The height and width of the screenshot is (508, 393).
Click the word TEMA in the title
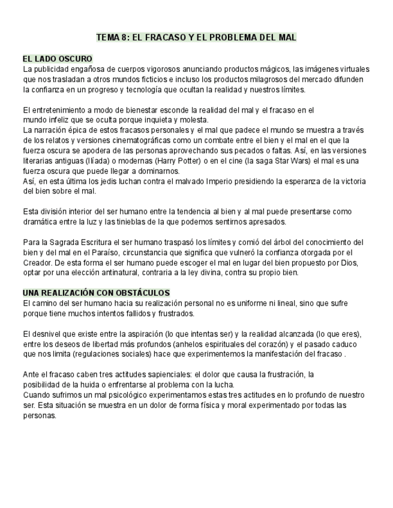click(x=108, y=37)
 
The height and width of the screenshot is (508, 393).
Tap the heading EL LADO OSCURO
click(x=58, y=59)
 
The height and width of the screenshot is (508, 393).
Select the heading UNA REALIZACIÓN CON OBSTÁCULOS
click(x=96, y=292)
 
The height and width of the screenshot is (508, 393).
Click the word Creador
click(x=40, y=262)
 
